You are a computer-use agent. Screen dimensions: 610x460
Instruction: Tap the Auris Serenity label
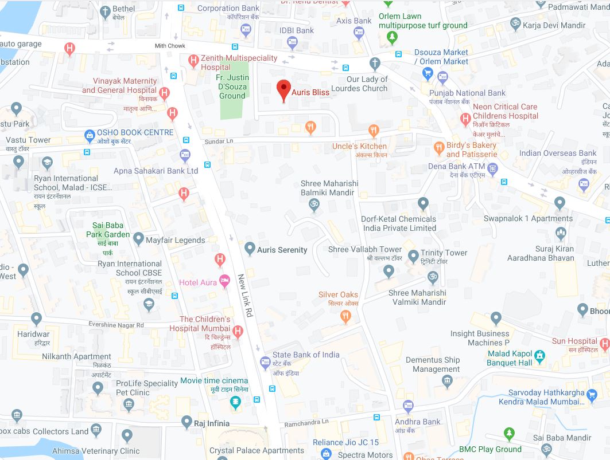coord(282,250)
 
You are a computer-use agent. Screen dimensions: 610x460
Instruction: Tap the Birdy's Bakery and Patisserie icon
coord(439,147)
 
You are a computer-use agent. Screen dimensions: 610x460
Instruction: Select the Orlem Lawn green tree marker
coord(392,38)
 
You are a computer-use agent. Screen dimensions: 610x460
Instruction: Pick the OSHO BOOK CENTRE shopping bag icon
coord(90,136)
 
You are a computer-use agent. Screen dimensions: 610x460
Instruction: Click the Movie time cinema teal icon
coord(235,403)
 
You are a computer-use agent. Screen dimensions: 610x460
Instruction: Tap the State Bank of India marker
coord(265,362)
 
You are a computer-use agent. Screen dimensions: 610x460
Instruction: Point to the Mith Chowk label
coord(170,46)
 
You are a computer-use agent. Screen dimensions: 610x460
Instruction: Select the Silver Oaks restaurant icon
coord(345,315)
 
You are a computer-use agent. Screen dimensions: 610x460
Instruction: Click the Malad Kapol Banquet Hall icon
coord(539,358)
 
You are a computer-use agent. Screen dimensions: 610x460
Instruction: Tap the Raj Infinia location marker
coord(186,422)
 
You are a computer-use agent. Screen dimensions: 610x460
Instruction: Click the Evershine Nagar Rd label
coord(108,325)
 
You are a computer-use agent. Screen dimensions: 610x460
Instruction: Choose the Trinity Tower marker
coord(413,255)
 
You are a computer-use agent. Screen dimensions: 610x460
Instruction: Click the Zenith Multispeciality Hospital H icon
coord(193,60)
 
